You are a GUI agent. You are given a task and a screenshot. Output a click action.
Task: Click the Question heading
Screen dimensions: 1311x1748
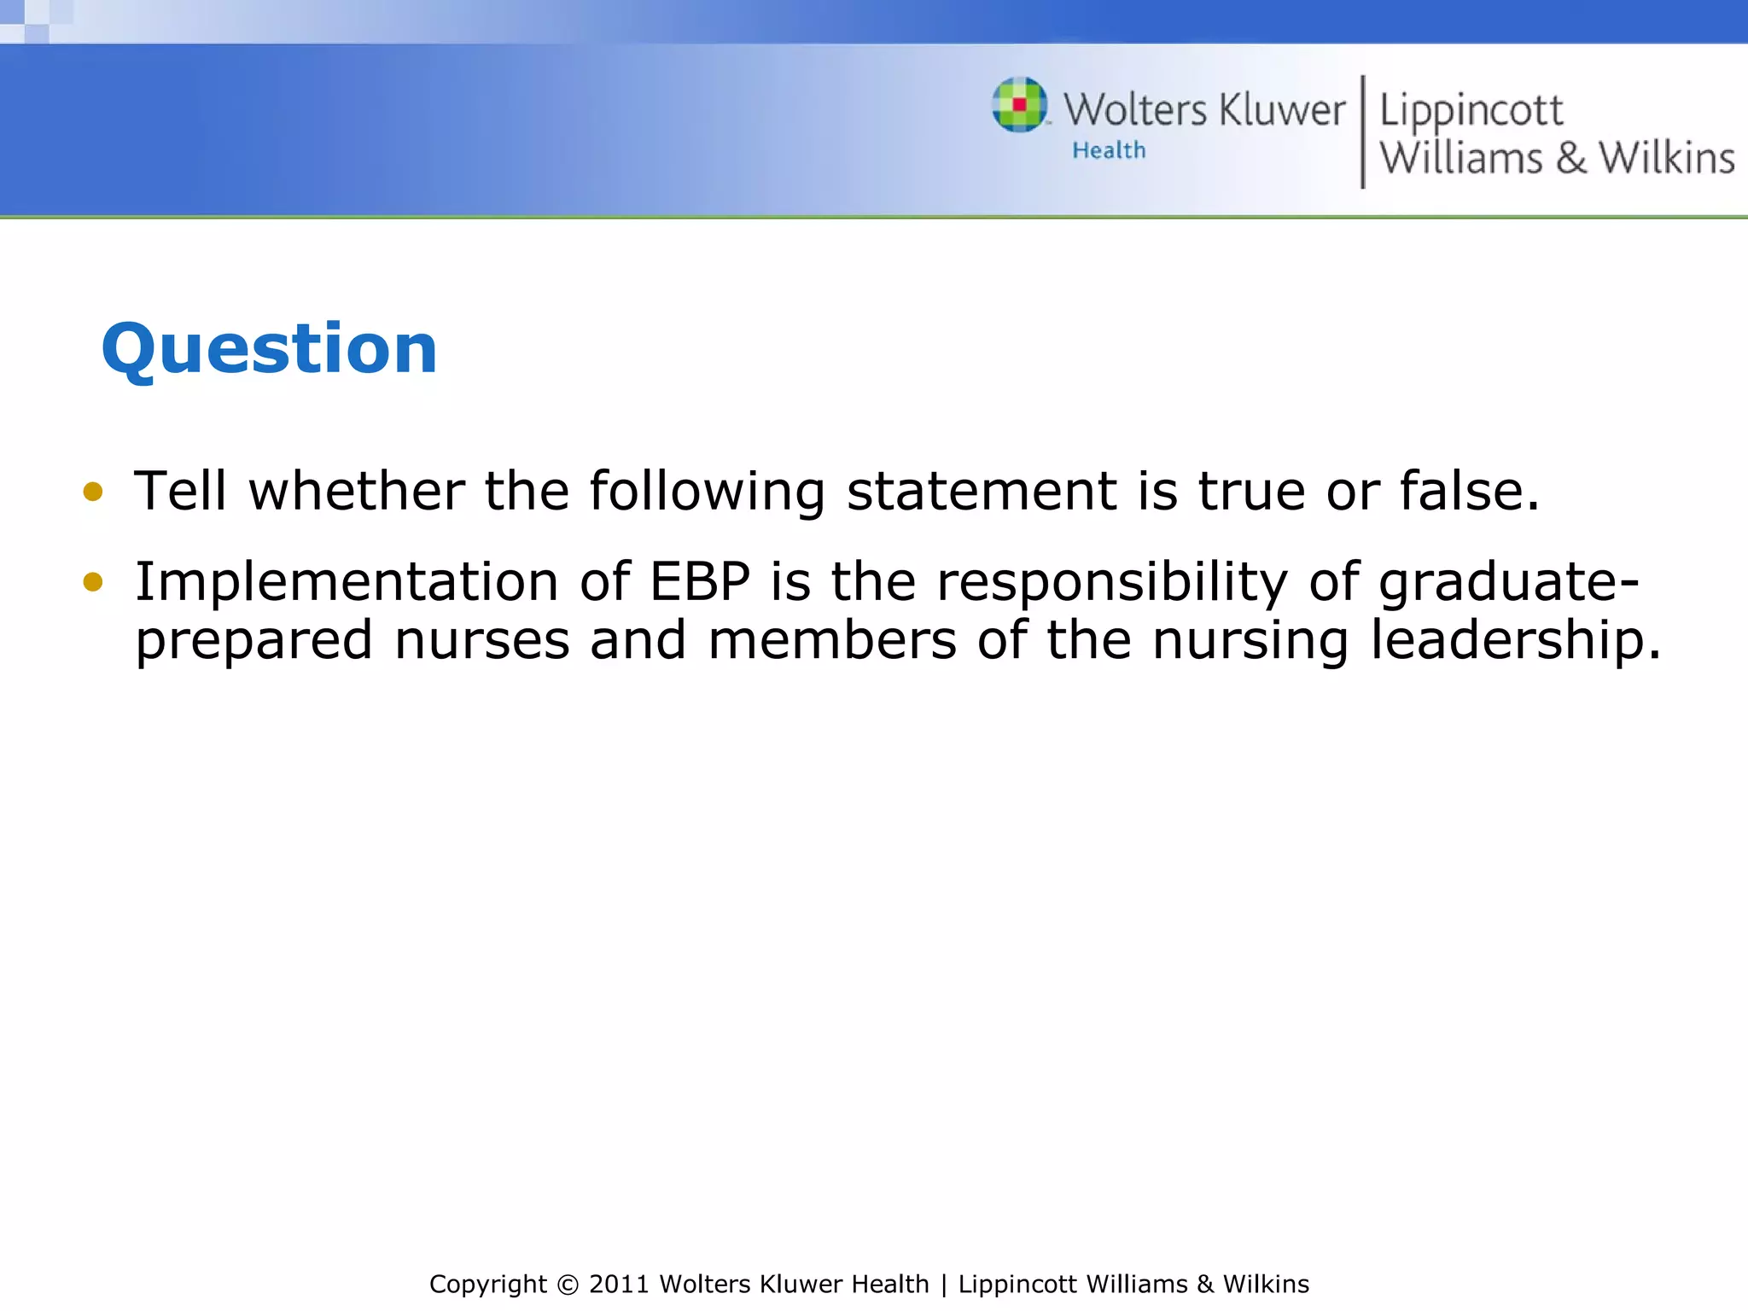point(269,349)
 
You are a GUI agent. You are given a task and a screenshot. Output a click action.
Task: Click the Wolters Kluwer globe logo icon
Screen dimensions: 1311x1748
point(1019,105)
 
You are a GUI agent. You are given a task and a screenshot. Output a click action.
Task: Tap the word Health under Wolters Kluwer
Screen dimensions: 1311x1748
point(1109,151)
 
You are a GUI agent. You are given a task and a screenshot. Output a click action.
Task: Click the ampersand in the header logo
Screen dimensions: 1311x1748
point(1570,159)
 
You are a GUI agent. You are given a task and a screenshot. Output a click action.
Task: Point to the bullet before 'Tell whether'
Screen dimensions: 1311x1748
point(92,492)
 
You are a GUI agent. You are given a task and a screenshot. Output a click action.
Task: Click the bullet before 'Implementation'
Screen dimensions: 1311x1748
point(92,582)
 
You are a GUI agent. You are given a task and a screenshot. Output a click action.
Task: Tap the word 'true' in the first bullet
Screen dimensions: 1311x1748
point(1251,492)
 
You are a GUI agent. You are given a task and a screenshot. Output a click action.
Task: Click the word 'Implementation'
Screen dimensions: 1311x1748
point(347,582)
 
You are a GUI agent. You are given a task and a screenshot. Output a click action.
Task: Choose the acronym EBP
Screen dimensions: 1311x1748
point(700,582)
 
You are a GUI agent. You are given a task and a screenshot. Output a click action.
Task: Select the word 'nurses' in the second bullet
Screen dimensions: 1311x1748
point(481,640)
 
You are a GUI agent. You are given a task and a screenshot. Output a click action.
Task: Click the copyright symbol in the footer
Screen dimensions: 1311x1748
point(567,1285)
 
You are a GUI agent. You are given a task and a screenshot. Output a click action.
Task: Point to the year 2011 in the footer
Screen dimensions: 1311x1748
point(619,1285)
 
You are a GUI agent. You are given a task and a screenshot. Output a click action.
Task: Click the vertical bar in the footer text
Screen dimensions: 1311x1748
point(943,1285)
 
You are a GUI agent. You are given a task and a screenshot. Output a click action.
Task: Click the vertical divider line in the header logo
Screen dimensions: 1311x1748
point(1362,131)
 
